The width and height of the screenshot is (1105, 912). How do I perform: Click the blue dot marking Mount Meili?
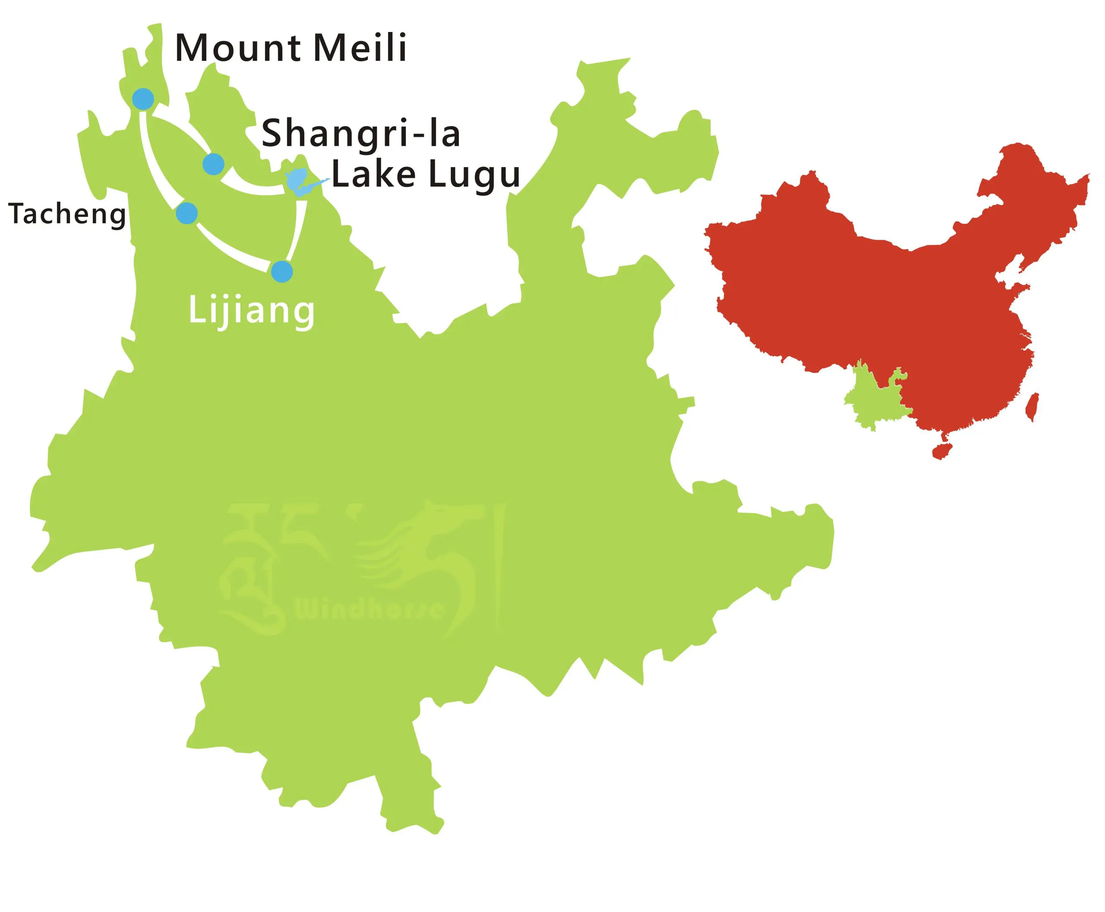point(143,99)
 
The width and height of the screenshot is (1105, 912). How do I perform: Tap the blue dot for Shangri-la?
point(213,165)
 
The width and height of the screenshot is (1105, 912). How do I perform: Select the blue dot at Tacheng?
point(186,213)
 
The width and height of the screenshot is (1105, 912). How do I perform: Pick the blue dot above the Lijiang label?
point(281,272)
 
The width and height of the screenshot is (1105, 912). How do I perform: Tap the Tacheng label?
point(67,214)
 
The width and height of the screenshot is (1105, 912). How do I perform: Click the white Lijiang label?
point(251,311)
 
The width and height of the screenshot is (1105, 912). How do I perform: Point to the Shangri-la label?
point(361,134)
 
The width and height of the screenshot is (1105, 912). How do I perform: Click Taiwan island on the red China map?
point(1032,407)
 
